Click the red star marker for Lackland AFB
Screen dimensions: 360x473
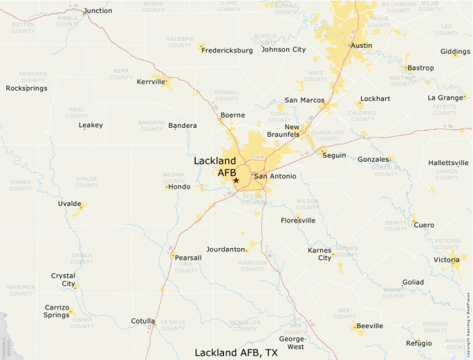coord(236,180)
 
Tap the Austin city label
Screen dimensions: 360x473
coord(361,46)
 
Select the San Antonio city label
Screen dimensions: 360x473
coord(275,176)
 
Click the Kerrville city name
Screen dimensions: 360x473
coord(151,82)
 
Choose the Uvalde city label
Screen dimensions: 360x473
coord(69,204)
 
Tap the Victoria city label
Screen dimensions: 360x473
coord(445,260)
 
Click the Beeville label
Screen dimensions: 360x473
coord(369,325)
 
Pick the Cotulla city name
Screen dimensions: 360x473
coord(143,321)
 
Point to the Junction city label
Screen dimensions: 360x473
coord(98,11)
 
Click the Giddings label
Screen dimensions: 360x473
coord(455,52)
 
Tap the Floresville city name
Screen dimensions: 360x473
coord(298,220)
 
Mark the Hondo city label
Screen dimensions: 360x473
coord(179,187)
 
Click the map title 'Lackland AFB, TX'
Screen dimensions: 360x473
coord(236,352)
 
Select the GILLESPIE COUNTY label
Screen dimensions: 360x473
coord(180,43)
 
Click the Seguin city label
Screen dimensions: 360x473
coord(334,155)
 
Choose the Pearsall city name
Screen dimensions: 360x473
coord(188,258)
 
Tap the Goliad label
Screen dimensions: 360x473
coord(413,282)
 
